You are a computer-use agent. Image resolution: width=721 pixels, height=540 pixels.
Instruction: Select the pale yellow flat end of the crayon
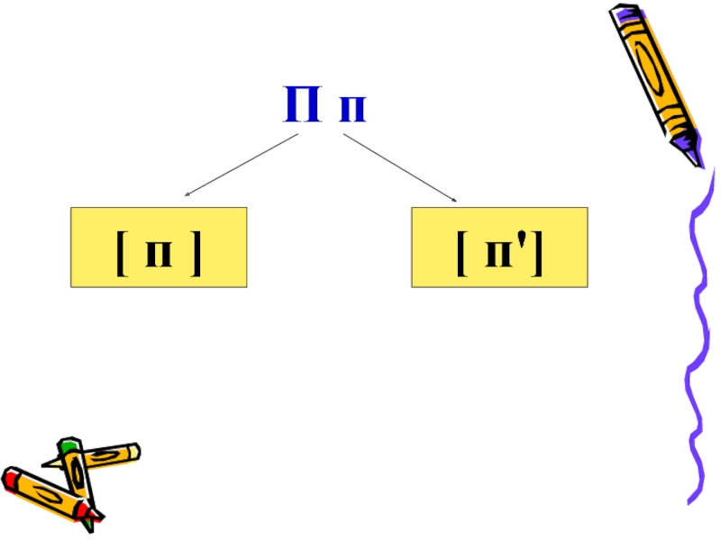tap(134, 449)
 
